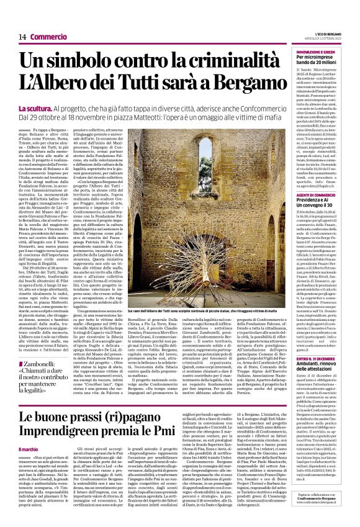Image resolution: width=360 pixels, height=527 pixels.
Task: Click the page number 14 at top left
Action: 22,37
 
